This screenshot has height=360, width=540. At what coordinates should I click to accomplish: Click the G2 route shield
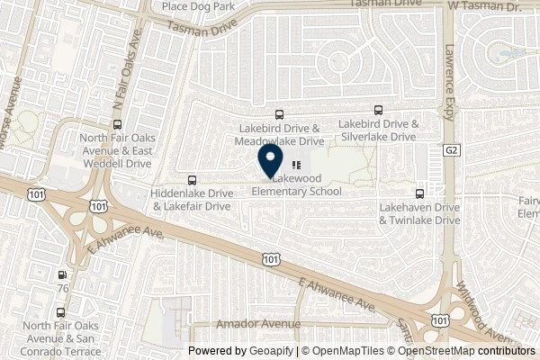[451, 152]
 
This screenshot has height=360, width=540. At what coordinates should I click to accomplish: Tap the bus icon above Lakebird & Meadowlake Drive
[280, 115]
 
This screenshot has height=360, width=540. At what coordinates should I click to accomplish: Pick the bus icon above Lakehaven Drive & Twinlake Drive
[418, 193]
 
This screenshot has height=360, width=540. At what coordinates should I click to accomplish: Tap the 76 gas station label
[62, 288]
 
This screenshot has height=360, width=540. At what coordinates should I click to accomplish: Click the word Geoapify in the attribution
[269, 351]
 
